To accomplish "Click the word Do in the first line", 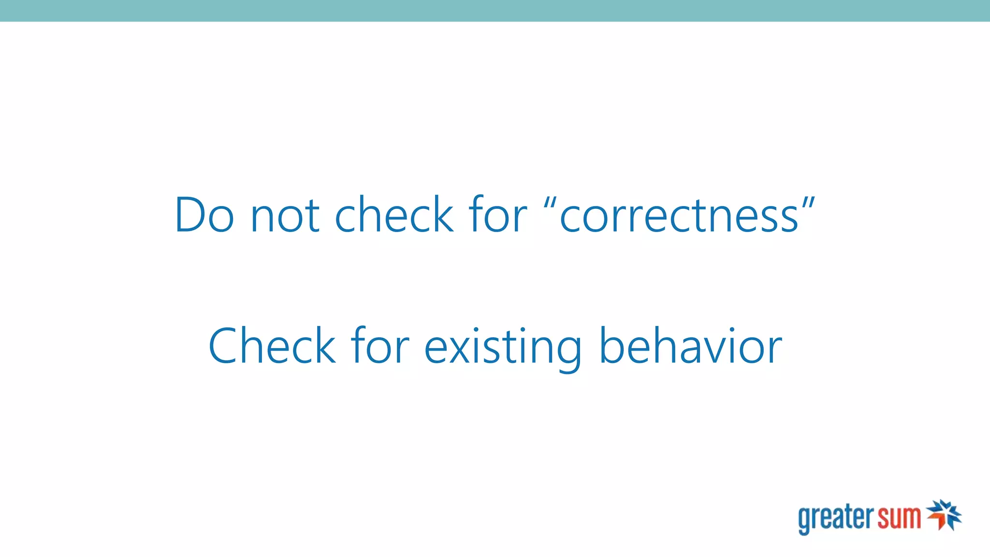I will click(204, 215).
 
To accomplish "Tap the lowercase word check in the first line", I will click(394, 215).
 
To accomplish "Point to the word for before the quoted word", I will click(498, 215).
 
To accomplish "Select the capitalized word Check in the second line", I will click(272, 346).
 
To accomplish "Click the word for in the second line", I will click(380, 346).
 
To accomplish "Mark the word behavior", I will click(690, 346).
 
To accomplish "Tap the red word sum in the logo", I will click(900, 517).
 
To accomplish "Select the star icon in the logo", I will click(944, 515).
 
